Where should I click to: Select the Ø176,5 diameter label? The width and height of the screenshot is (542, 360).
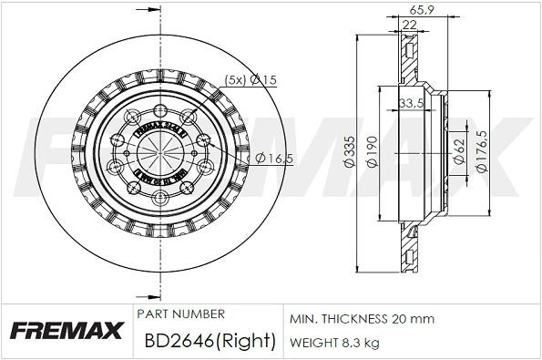coord(483,151)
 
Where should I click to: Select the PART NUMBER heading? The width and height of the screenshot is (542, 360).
coord(180,314)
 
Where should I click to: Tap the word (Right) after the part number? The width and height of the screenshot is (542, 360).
coord(247,341)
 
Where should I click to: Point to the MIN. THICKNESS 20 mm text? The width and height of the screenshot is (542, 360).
coord(362,319)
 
